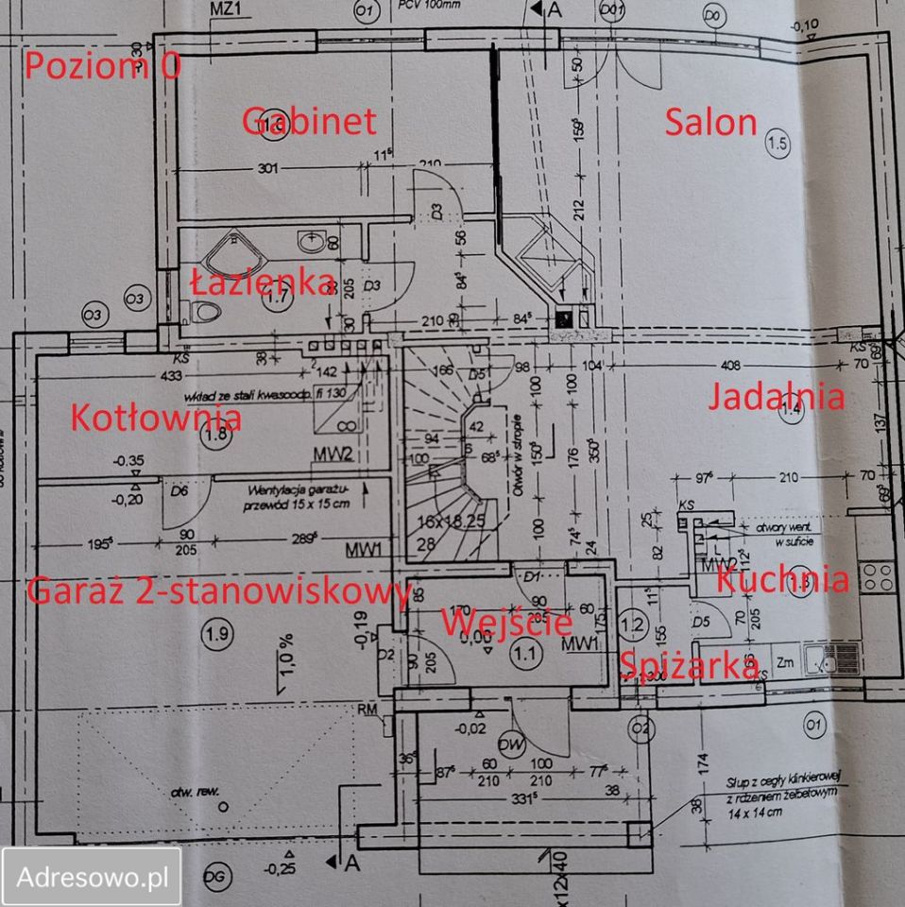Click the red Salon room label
(711, 122)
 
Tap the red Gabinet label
(309, 121)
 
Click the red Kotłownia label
(157, 416)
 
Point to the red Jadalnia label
(776, 397)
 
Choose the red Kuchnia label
(782, 579)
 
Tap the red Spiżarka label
(689, 665)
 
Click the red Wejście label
(506, 622)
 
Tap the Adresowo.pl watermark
(92, 876)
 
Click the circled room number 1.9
(216, 635)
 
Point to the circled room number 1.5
(777, 145)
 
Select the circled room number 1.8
(215, 436)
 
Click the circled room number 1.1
(523, 651)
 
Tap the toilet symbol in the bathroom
(201, 311)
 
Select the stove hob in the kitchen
(876, 575)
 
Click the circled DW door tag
(512, 744)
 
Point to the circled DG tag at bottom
(216, 878)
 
